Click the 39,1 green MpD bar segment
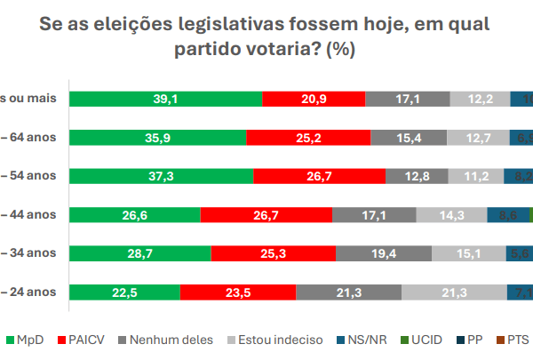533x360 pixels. coord(166,99)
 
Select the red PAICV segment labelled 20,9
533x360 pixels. coord(314,99)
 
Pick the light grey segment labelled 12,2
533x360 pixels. coord(480,99)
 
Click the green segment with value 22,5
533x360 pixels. coord(124,292)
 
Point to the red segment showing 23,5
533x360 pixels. coord(238,292)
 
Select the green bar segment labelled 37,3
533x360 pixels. coord(161,176)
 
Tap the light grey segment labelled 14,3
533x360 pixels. coord(451,214)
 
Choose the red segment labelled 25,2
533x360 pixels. coord(308,137)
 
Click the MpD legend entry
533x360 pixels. coord(26,340)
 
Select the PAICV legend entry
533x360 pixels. coord(84,340)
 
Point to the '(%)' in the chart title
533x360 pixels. coord(341,49)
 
